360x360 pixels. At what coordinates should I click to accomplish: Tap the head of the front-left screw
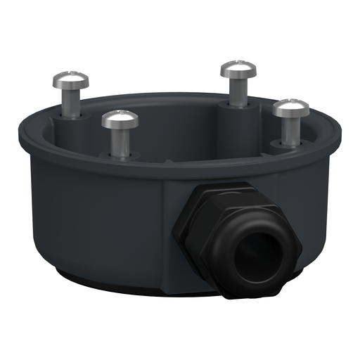pyautogui.click(x=120, y=119)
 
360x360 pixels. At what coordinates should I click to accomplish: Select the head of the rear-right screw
pyautogui.click(x=238, y=69)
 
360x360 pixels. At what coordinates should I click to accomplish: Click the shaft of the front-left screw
pyautogui.click(x=120, y=143)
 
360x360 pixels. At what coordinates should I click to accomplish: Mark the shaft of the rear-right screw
pyautogui.click(x=238, y=89)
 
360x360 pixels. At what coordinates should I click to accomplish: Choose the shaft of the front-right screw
pyautogui.click(x=290, y=130)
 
